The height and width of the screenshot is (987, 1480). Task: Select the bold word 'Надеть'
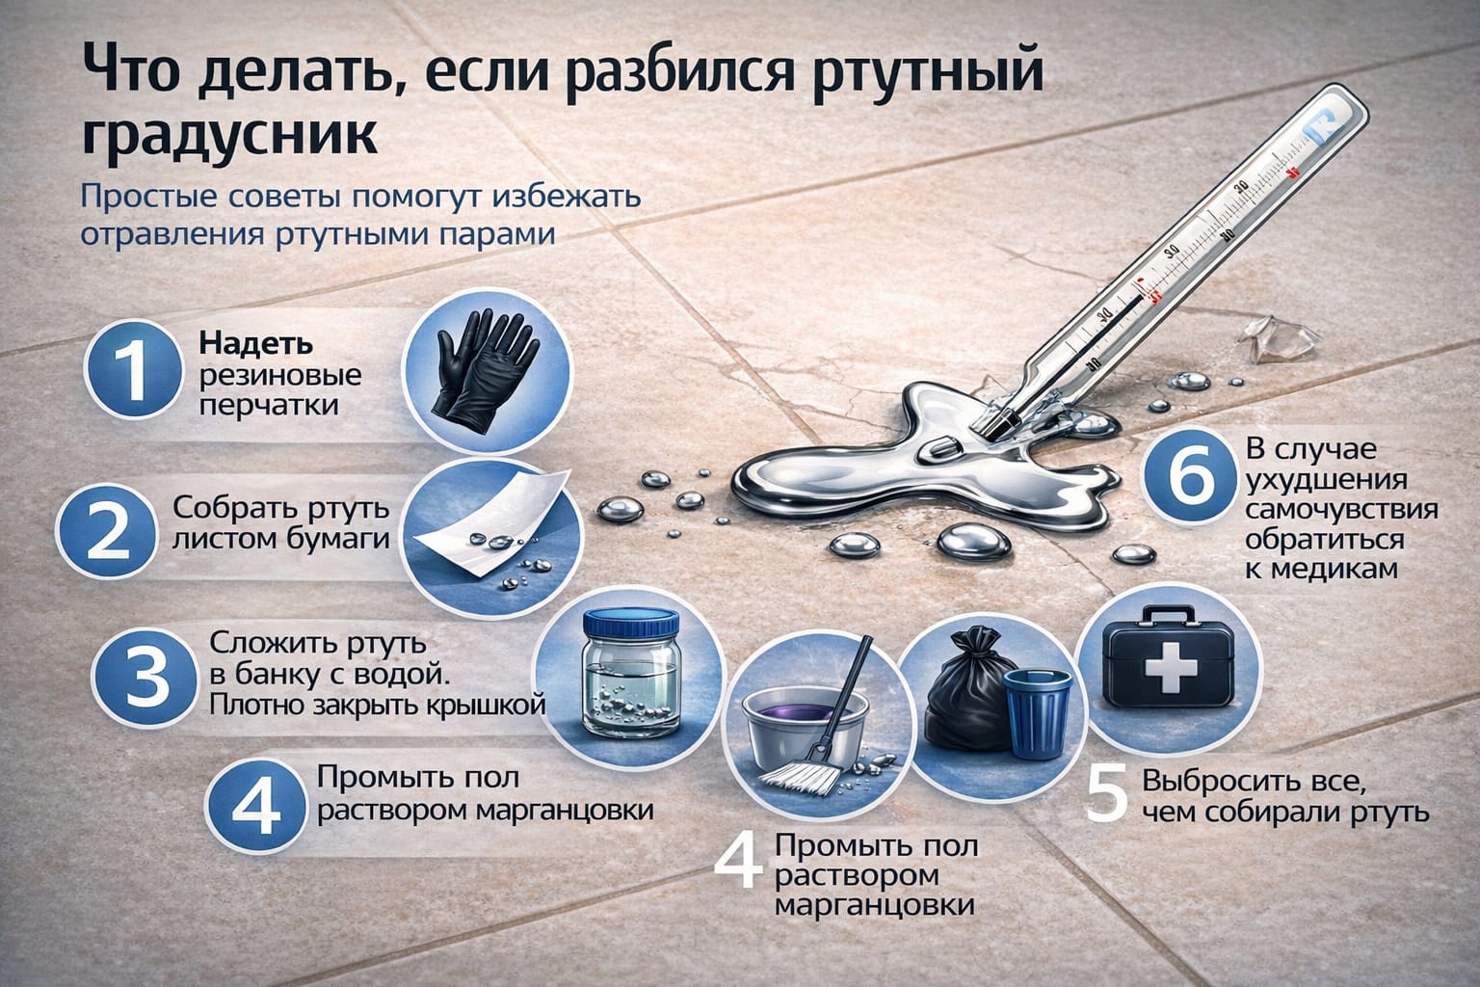255,343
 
